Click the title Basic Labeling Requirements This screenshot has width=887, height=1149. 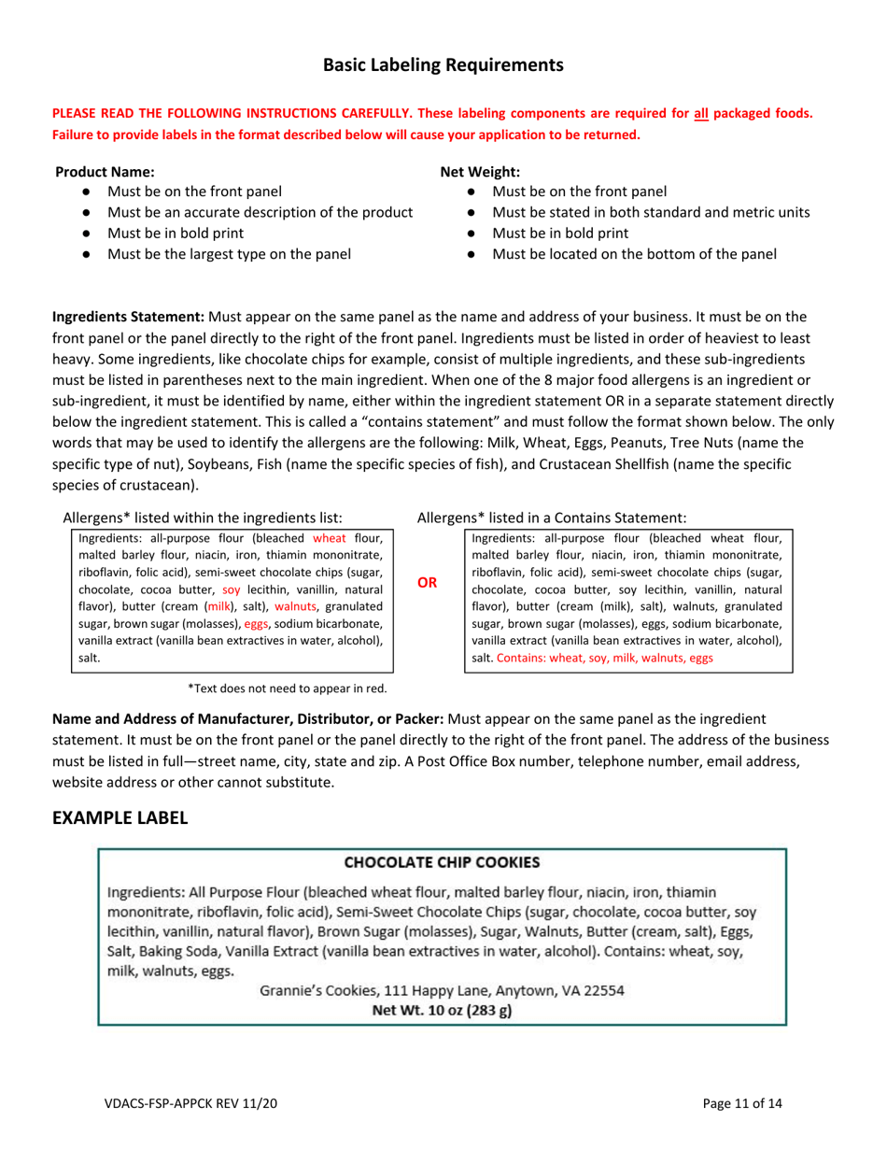443,64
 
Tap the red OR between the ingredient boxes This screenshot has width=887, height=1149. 426,583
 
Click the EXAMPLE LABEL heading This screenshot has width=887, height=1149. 120,816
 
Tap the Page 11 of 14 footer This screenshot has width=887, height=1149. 742,1103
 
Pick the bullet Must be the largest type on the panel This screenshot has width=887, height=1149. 230,252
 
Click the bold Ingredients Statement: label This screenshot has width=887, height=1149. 122,318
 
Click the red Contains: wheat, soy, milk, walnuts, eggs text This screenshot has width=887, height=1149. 605,658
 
